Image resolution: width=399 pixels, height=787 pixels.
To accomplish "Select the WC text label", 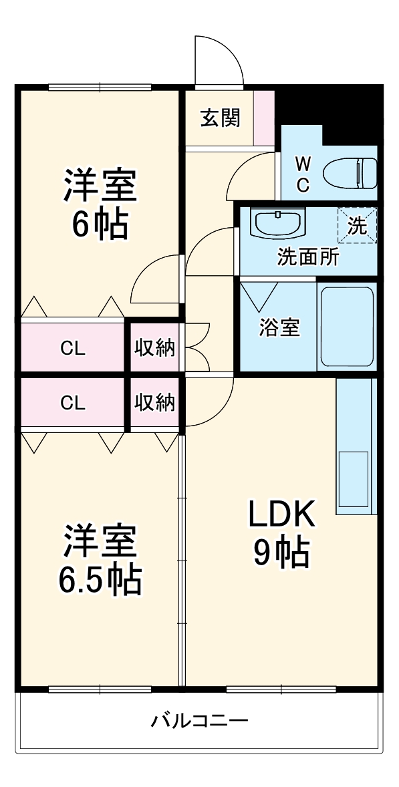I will coord(303,174).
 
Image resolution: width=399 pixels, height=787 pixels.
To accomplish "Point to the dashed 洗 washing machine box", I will coord(358,225).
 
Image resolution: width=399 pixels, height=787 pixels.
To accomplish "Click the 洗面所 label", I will coord(308,257).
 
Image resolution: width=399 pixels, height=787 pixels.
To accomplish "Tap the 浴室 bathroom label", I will coord(279,327).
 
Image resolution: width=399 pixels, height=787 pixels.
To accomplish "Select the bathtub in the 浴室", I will coord(346,326).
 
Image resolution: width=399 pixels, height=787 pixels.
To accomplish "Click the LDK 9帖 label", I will coord(281,533).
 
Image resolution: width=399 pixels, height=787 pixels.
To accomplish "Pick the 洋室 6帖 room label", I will coord(100,204).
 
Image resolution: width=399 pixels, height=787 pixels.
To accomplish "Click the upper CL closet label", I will coord(73,348).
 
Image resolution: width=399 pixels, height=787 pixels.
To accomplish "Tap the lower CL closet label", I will coord(73,403).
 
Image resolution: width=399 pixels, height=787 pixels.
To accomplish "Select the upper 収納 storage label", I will coord(155,348).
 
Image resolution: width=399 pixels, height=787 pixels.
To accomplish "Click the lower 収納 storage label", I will coord(155,403).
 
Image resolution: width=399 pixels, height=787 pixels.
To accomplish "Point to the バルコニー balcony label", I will coord(199,722).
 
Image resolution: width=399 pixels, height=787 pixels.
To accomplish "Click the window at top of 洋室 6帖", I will coord(100,86).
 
